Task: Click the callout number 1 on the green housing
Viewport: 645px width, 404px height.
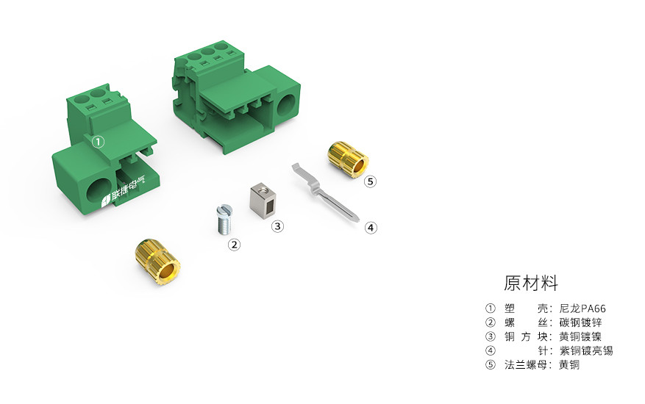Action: click(x=98, y=142)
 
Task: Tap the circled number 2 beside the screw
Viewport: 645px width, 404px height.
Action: click(x=234, y=245)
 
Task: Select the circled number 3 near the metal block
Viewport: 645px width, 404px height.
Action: click(x=278, y=226)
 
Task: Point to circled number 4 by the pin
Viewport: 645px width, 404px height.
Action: click(x=371, y=227)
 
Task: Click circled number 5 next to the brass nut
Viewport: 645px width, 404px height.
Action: click(x=370, y=181)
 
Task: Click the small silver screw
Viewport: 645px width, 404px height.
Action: click(x=224, y=220)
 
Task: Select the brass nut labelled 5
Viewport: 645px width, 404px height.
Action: click(x=348, y=159)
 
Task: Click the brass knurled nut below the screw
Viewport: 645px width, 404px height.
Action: click(x=157, y=261)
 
